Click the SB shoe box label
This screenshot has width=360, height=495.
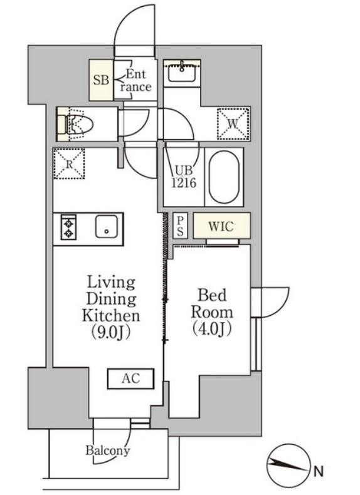101,80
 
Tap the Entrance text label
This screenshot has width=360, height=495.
136,80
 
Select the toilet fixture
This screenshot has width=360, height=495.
75,124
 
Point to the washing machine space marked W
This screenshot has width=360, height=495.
233,124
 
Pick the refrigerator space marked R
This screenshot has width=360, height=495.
69,164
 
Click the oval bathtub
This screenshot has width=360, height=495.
224,177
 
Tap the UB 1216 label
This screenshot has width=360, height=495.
184,177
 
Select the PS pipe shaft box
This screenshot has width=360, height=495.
180,226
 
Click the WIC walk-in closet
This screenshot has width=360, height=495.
221,226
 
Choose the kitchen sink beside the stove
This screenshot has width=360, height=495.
107,226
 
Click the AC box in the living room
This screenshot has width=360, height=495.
131,378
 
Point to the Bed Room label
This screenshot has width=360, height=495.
212,304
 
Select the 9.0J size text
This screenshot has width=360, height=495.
111,332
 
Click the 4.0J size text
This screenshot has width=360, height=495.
212,328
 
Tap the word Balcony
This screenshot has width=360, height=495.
108,451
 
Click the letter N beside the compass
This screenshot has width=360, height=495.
319,472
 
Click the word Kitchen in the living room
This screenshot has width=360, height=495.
111,315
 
